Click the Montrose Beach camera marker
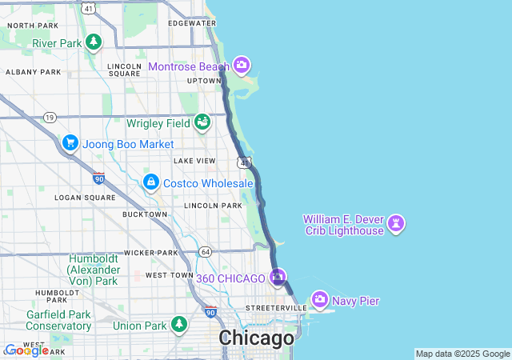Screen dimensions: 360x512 tap(242, 66)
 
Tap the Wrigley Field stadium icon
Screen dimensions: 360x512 tap(202, 122)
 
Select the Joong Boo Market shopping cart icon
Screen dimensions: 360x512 tap(70, 143)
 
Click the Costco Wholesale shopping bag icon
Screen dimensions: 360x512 tap(150, 182)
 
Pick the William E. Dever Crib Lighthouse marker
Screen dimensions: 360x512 tap(396, 223)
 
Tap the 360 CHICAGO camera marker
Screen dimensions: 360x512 tap(278, 278)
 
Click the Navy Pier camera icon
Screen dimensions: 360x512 tap(320, 300)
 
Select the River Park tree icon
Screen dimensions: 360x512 tap(94, 42)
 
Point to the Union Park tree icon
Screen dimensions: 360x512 tap(179, 324)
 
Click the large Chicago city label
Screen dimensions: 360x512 tap(257, 338)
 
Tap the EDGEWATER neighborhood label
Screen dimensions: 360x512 tap(192, 23)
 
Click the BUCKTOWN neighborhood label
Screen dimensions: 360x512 tap(145, 214)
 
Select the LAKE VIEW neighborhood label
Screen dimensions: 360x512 tap(195, 161)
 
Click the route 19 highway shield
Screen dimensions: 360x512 tap(50, 118)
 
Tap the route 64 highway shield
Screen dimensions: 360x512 tap(206, 252)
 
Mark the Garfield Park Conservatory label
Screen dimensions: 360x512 tap(59, 320)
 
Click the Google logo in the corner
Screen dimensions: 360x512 tap(26, 350)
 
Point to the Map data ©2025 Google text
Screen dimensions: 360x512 tap(462, 354)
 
